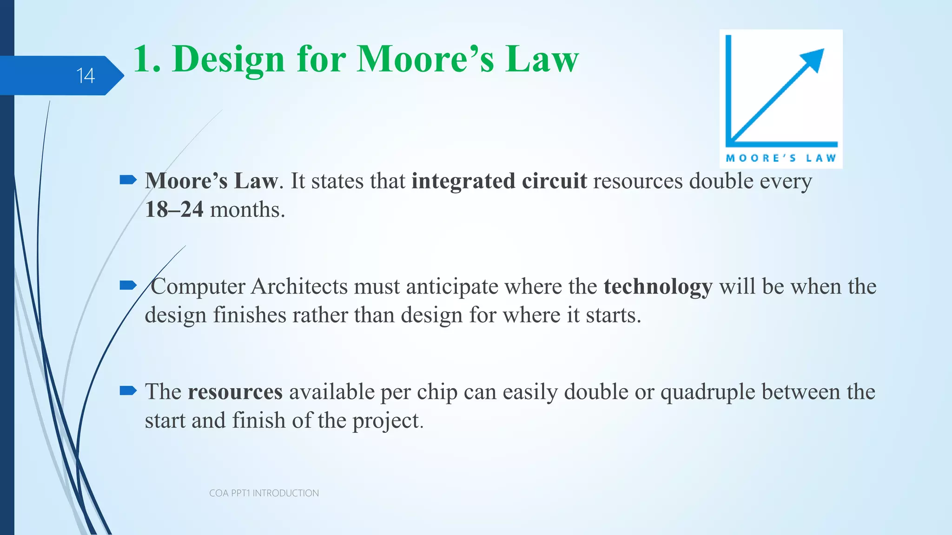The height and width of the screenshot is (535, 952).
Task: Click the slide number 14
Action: pos(86,76)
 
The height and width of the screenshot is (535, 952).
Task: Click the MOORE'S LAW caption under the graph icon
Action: pos(781,158)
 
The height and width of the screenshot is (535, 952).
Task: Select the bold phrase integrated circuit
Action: pos(499,181)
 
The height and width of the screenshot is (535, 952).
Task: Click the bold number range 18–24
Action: pos(174,210)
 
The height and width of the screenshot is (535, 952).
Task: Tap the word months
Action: pos(247,210)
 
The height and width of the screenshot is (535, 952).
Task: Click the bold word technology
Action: pos(658,287)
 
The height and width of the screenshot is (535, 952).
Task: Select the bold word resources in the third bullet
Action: pos(235,392)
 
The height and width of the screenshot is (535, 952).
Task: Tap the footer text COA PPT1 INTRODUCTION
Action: pos(264,493)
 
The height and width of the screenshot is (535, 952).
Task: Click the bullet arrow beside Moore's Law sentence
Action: pos(128,180)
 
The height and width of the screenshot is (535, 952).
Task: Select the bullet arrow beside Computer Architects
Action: pos(128,285)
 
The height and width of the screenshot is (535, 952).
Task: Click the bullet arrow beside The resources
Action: pos(128,391)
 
